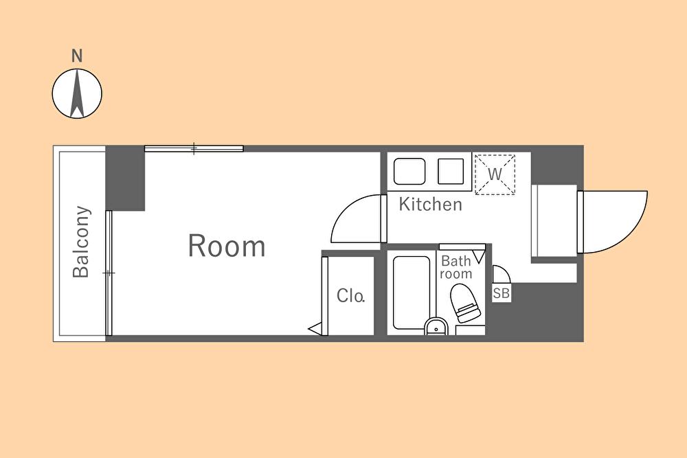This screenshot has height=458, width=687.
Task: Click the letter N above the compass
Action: pos(77,56)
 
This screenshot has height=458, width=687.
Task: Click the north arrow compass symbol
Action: pos(77,93)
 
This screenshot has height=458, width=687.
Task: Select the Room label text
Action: pos(227,246)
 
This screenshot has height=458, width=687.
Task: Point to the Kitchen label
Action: pos(430,205)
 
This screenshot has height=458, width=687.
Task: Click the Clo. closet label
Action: pos(350,295)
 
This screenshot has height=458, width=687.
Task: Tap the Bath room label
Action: pos(456,267)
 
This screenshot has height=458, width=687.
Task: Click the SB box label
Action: pos(502,293)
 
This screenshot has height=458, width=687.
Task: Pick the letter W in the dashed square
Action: pos(495,174)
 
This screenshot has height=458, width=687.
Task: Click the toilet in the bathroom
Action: pos(466,304)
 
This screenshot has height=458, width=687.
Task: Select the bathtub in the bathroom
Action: pos(411,292)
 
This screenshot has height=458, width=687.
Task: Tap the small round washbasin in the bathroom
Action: pos(436,327)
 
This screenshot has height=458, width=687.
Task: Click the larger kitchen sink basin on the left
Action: pos(409,171)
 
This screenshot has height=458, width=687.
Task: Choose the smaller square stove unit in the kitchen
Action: pos(451,171)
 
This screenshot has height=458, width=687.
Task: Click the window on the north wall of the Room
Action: pos(194,148)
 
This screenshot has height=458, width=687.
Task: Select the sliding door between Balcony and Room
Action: pos(109,273)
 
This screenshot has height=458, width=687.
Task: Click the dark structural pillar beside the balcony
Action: pos(125,179)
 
